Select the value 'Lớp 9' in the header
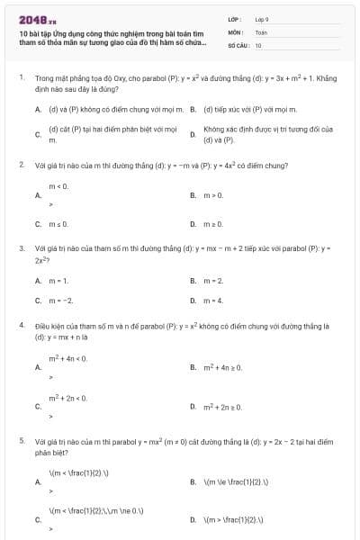(262, 18)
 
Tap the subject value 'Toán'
(261, 31)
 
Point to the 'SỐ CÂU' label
(238, 44)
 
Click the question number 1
(21, 78)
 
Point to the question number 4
(21, 322)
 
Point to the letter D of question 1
(193, 134)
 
